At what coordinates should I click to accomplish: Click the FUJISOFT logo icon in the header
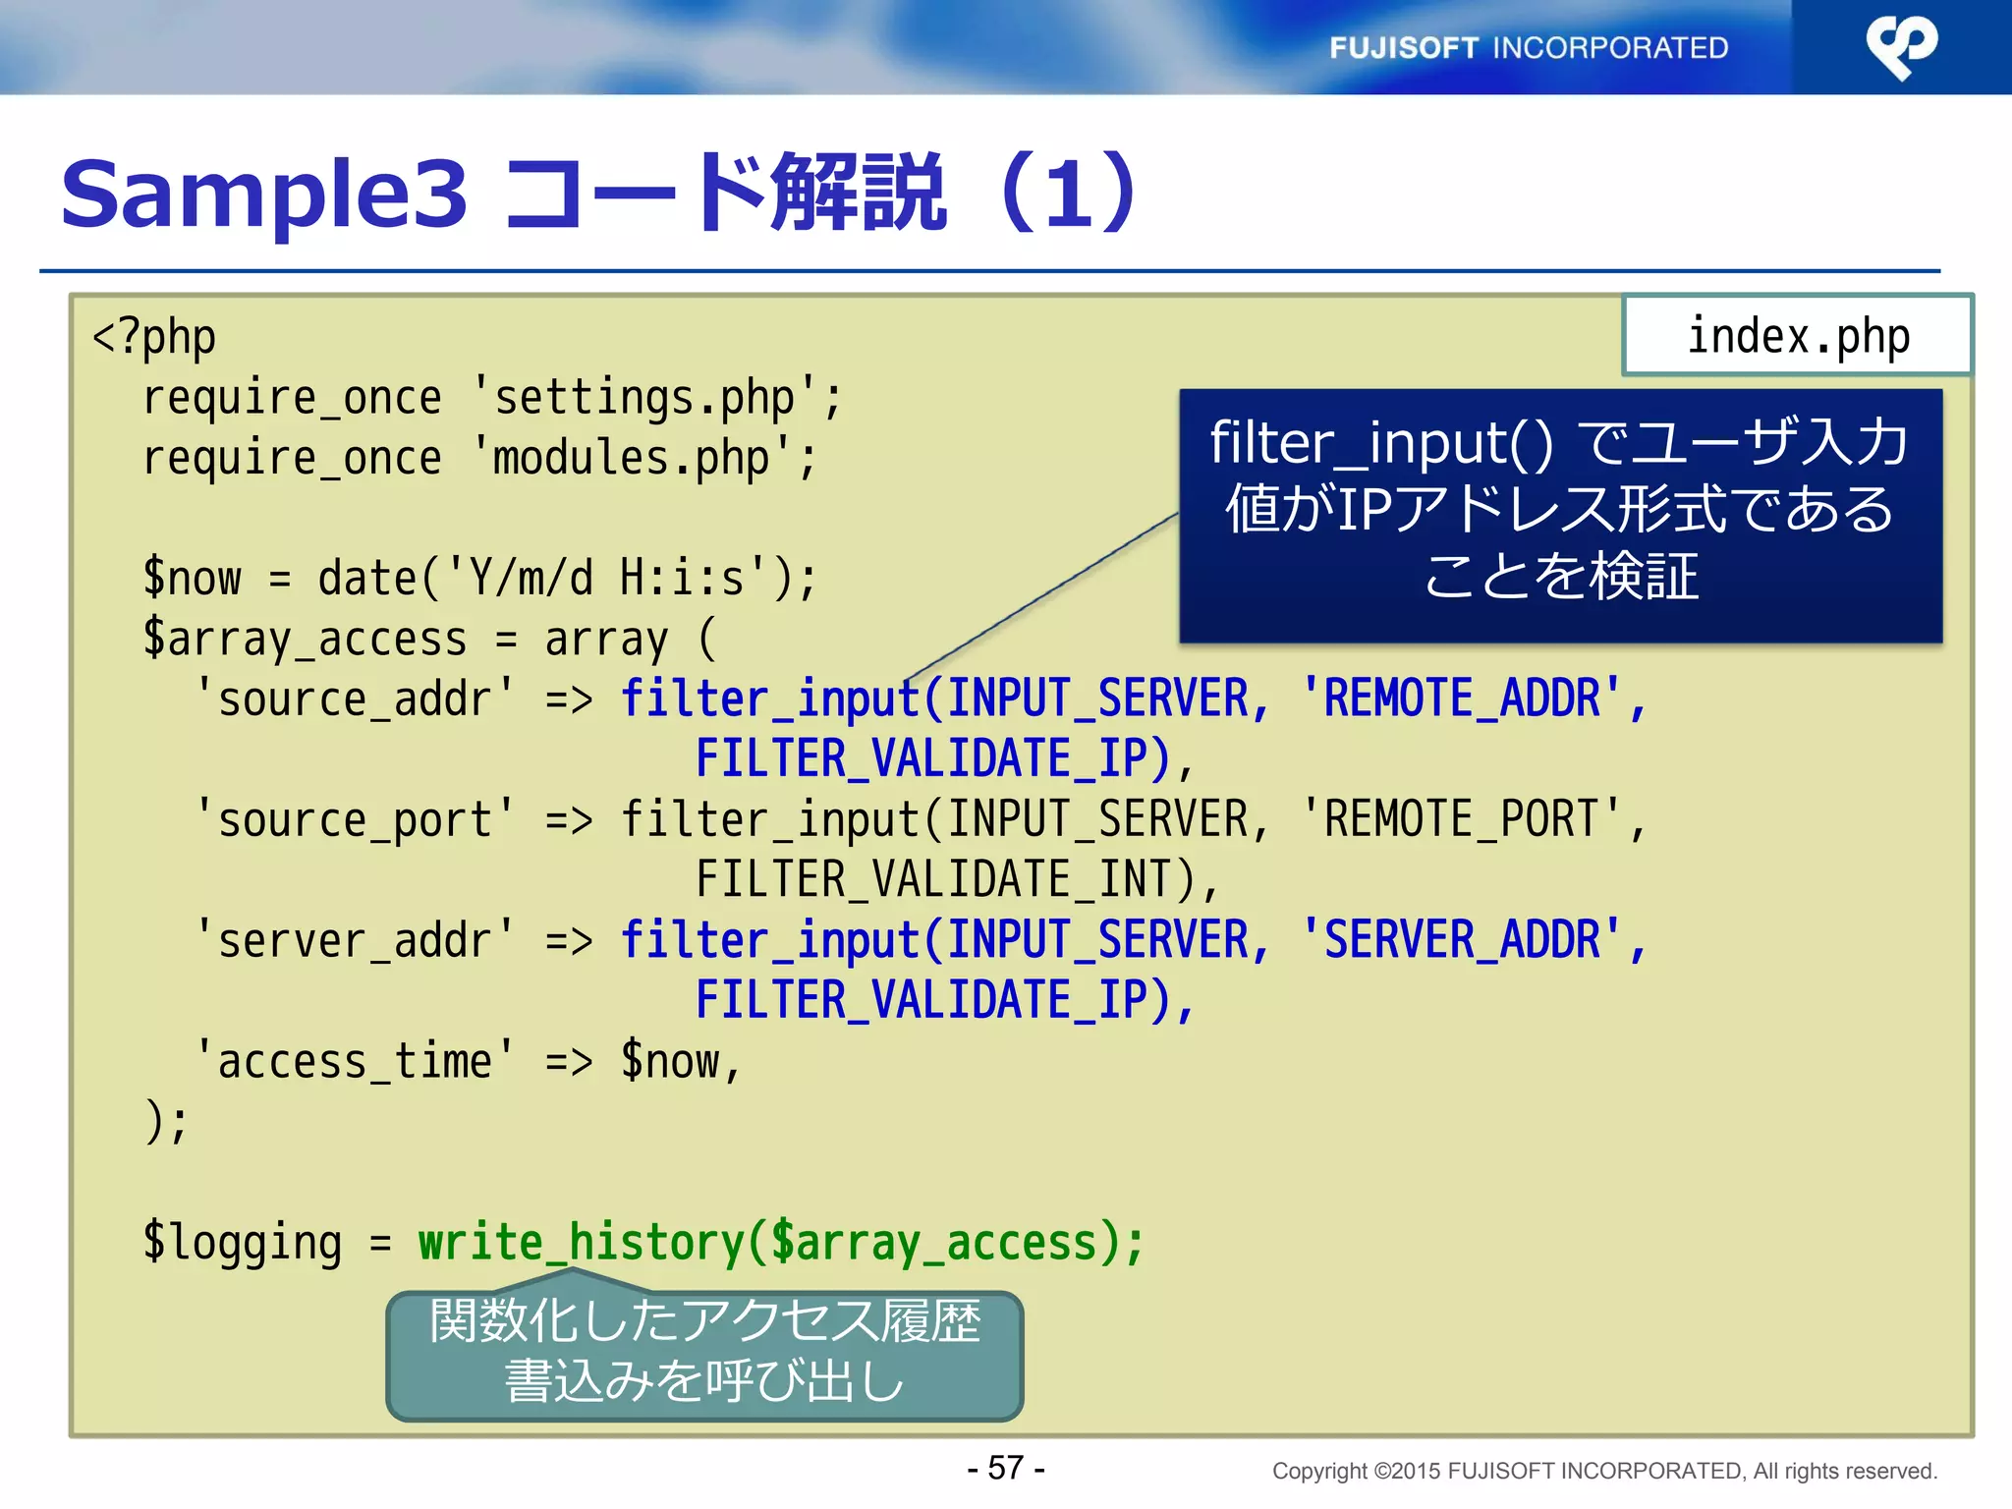[1901, 46]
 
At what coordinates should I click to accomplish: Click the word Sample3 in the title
[263, 194]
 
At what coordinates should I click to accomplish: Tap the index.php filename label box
[1797, 336]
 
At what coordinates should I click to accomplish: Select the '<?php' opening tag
[153, 337]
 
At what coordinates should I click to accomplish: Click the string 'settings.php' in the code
[644, 398]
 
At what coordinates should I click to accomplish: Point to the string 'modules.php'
[632, 458]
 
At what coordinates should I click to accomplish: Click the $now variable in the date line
[193, 578]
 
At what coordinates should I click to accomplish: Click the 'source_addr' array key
[355, 699]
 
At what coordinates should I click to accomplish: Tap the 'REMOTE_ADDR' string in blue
[1461, 699]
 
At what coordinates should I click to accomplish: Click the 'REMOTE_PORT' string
[1461, 819]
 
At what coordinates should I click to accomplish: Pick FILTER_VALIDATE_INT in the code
[945, 879]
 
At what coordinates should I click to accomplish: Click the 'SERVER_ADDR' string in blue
[1461, 940]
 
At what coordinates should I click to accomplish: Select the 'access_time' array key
[355, 1061]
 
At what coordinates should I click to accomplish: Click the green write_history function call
[781, 1242]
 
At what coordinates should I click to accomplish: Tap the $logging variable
[242, 1242]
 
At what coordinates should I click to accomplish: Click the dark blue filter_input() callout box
[1560, 516]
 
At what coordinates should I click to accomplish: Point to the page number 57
[1006, 1468]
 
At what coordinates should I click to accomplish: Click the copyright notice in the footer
[1603, 1471]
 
